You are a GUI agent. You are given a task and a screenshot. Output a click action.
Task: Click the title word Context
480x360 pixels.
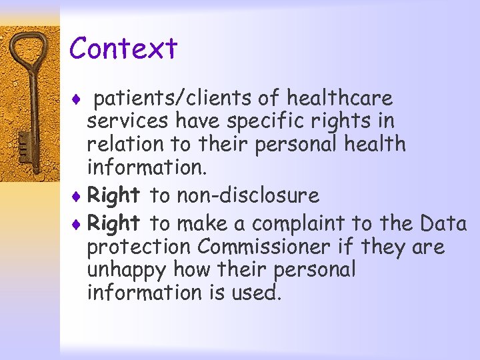pos(123,48)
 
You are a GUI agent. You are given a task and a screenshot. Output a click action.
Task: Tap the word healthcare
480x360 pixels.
pos(339,99)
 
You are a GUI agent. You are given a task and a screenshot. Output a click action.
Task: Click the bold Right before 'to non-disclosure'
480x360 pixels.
pos(113,196)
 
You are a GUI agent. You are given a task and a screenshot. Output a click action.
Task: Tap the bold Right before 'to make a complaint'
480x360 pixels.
pos(113,221)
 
